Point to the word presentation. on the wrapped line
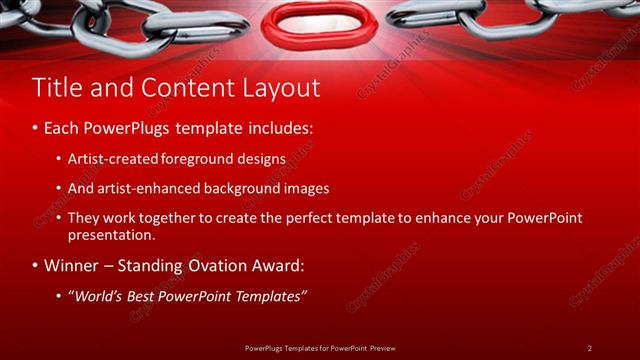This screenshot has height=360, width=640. tap(111, 236)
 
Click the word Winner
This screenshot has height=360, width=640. tap(71, 266)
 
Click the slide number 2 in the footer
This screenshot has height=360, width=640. tap(589, 347)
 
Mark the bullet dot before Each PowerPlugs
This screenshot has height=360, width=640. tap(36, 129)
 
